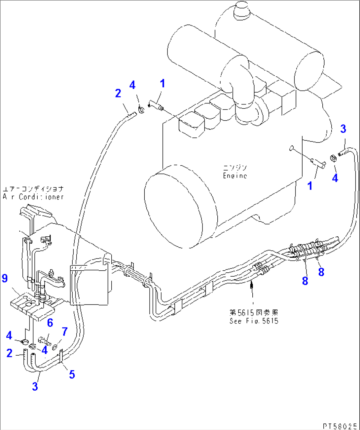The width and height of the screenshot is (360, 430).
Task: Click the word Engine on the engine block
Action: tap(235, 176)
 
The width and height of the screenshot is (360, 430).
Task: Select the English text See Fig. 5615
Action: tap(254, 321)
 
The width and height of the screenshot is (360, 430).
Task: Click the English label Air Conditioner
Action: tap(33, 197)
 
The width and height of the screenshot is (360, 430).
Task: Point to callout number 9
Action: tap(5, 278)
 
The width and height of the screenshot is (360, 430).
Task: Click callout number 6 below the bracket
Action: tap(50, 323)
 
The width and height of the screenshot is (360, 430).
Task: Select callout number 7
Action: tap(65, 331)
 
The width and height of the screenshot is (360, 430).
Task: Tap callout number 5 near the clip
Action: tap(72, 374)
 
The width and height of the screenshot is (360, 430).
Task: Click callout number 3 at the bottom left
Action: tap(35, 386)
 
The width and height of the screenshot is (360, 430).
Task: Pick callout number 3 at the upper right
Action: tap(343, 129)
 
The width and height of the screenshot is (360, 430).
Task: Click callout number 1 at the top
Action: tap(162, 83)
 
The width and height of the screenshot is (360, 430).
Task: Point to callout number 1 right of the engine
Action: tap(310, 186)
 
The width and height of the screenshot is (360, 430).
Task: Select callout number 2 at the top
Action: tap(118, 93)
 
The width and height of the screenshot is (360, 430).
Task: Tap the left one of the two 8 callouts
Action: tap(305, 281)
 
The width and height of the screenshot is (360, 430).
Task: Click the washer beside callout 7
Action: tap(55, 346)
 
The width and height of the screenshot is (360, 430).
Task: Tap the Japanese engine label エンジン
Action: tap(235, 168)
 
